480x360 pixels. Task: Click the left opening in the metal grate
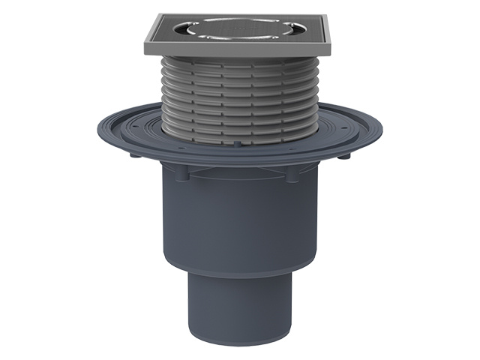click(186, 31)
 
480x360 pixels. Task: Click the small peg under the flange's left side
click(131, 158)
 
